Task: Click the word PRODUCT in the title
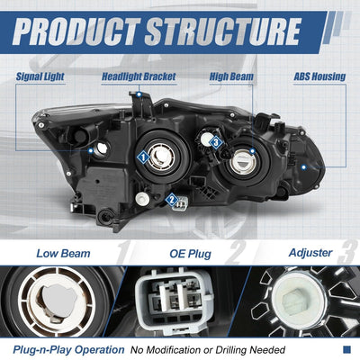coord(76,31)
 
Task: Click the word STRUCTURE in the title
coord(222,31)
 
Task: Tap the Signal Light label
coord(40,76)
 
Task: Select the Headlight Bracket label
coord(139,76)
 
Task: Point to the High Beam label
coord(231,76)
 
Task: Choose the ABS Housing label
coord(319,76)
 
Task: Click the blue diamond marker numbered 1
coord(143,157)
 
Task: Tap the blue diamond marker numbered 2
coord(172,199)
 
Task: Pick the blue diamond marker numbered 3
coord(216,142)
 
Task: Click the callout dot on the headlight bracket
coord(139,94)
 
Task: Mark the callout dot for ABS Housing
coord(304,167)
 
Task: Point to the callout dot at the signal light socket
coord(91,151)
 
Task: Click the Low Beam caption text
coord(63,254)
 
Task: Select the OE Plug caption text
coord(190,254)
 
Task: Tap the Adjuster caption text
coord(310,253)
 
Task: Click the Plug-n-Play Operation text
coord(68,350)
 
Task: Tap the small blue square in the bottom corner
coord(346,349)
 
